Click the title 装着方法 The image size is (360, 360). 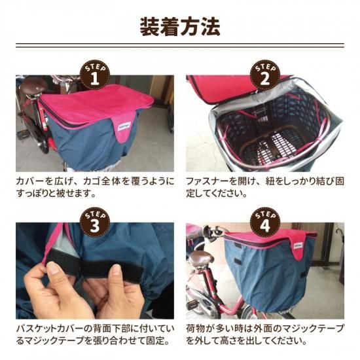pyautogui.click(x=180, y=26)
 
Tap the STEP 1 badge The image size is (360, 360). pyautogui.click(x=95, y=75)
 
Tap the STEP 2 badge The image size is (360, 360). pyautogui.click(x=265, y=75)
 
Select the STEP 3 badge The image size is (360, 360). pyautogui.click(x=95, y=222)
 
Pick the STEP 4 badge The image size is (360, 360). pyautogui.click(x=265, y=222)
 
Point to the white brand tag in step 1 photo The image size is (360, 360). pyautogui.click(x=124, y=126)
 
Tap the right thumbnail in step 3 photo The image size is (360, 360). pyautogui.click(x=116, y=269)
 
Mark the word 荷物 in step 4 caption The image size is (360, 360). pyautogui.click(x=195, y=329)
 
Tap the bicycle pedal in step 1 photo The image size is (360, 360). pyautogui.click(x=23, y=133)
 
